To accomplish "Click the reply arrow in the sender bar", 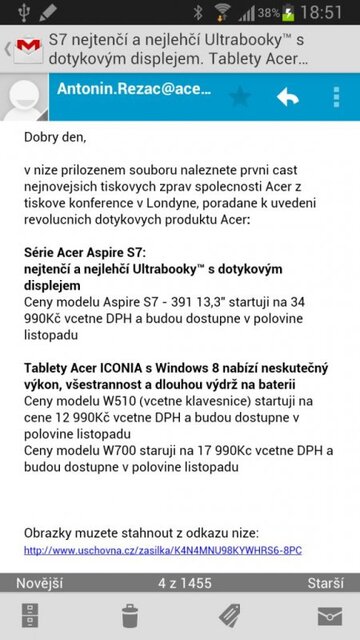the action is pyautogui.click(x=288, y=97).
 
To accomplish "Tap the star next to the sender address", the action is pyautogui.click(x=240, y=97).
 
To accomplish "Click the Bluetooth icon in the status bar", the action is pyautogui.click(x=197, y=13).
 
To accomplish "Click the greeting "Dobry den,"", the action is pyautogui.click(x=55, y=137).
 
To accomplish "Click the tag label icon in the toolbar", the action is pyautogui.click(x=230, y=614).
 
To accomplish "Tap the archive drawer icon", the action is pyautogui.click(x=30, y=614).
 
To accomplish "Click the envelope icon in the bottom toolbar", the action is pyautogui.click(x=329, y=614).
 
